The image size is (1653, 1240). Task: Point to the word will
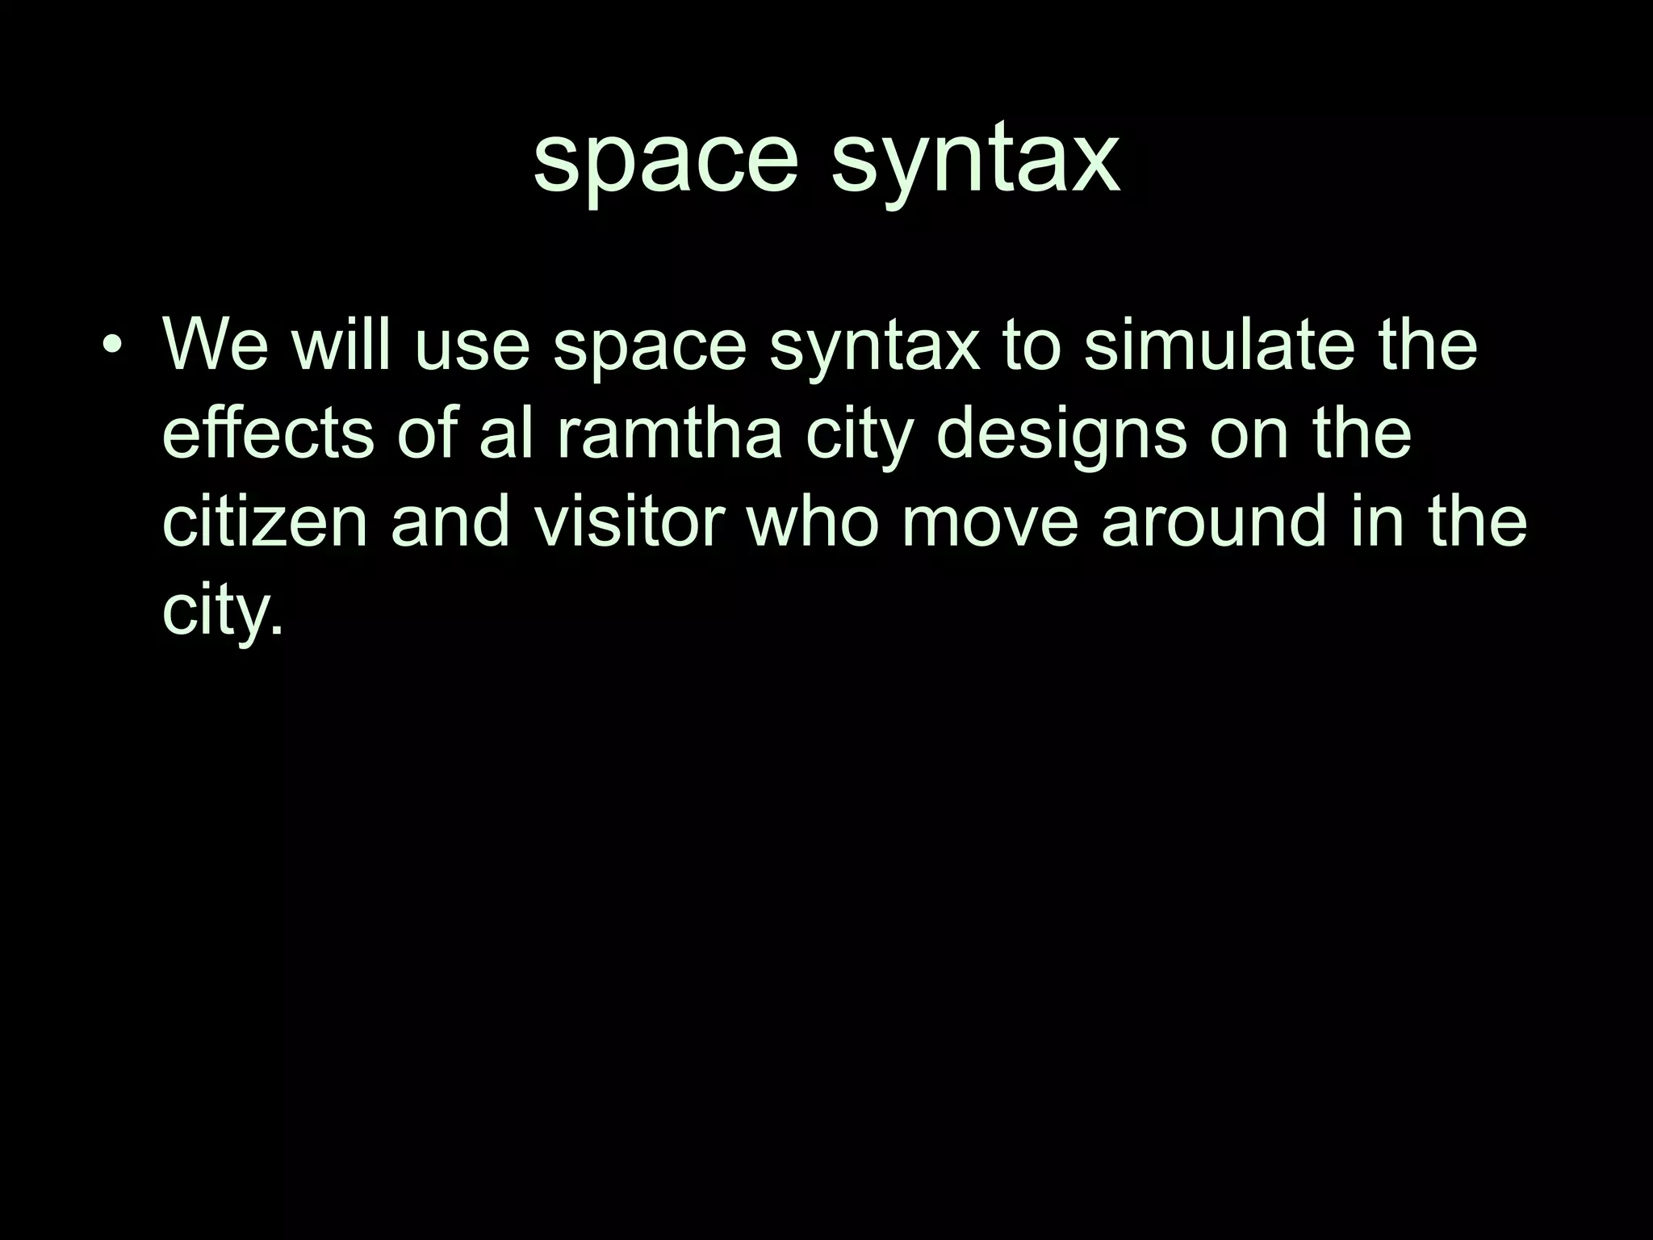(x=341, y=346)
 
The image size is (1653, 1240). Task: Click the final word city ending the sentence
(x=223, y=611)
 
